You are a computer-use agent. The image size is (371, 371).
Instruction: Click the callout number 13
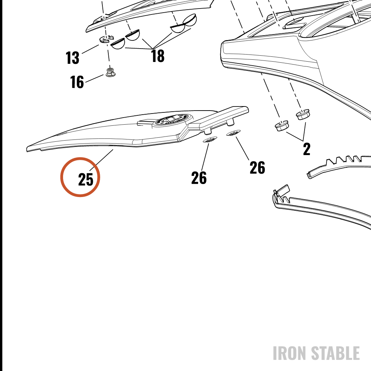72,58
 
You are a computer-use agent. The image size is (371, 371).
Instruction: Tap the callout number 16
77,82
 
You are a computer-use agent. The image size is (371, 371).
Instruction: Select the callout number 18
158,56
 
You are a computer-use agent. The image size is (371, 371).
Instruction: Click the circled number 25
86,179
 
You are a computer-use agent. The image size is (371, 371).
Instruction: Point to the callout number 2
307,149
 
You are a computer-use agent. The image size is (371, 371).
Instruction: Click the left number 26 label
199,178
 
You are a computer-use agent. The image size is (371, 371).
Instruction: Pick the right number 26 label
257,168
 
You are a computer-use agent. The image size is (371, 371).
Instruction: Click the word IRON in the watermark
290,353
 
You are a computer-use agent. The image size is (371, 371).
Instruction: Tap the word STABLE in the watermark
335,353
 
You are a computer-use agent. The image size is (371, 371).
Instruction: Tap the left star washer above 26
210,140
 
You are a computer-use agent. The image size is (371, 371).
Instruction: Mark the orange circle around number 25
80,177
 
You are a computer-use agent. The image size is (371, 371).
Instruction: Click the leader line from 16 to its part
94,79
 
